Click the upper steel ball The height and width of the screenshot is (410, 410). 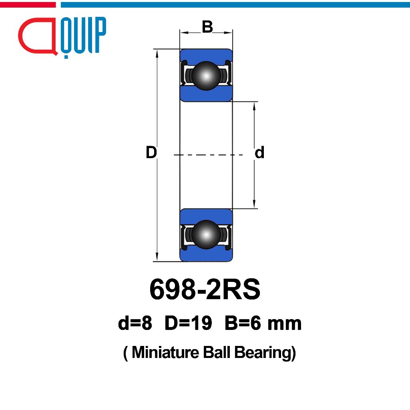(x=206, y=76)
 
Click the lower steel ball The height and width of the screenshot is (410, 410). (x=206, y=235)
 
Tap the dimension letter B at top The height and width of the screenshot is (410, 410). (x=207, y=27)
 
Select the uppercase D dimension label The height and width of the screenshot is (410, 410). (x=151, y=153)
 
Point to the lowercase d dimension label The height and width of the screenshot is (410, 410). (x=259, y=152)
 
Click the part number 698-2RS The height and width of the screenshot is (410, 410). (x=205, y=289)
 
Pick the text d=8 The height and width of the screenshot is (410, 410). (x=135, y=323)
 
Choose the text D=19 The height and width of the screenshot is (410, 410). (x=188, y=323)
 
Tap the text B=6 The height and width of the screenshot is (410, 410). (x=243, y=323)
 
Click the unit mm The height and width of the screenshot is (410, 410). (x=285, y=324)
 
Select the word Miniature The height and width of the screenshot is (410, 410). (x=165, y=352)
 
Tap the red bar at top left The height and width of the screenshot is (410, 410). (x=28, y=5)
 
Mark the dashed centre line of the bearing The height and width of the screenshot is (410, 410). (x=208, y=155)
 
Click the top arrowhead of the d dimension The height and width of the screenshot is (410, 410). (x=254, y=106)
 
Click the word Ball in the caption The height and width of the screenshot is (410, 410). (x=217, y=352)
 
